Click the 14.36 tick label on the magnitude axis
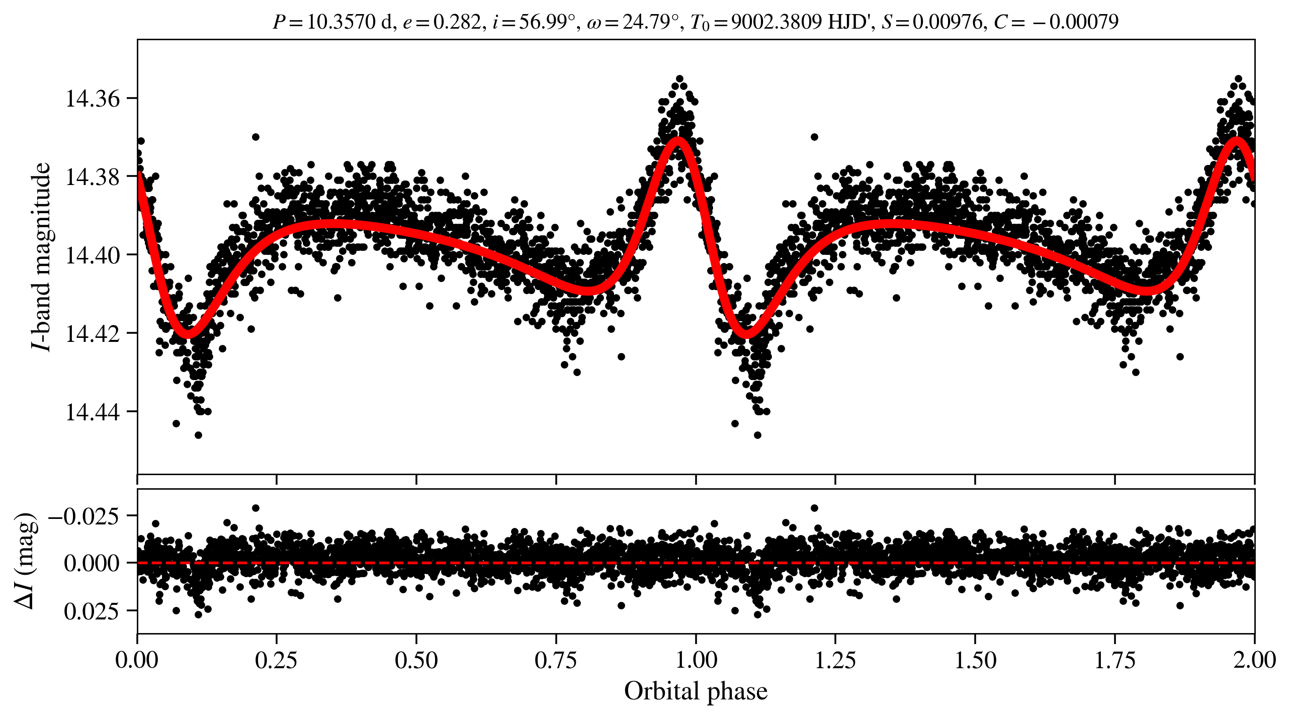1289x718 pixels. coord(85,99)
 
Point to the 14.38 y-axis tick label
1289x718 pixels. coord(85,177)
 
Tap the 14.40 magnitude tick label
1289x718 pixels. coord(85,255)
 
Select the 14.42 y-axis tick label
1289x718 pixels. coord(85,333)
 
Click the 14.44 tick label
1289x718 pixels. coord(85,412)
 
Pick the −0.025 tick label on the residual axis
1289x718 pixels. coord(83,516)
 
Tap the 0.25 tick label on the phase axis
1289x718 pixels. coord(276,660)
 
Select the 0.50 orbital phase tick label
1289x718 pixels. coord(416,660)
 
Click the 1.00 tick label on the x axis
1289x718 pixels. coord(696,660)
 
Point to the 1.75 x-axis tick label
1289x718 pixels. coord(1114,660)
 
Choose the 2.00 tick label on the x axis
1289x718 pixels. coord(1254,660)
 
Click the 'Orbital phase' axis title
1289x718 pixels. coord(696,692)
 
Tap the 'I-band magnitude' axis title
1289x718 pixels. coord(41,256)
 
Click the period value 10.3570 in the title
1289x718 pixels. coord(341,22)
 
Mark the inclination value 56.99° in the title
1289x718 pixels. coord(547,22)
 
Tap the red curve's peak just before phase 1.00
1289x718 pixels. coord(678,141)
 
